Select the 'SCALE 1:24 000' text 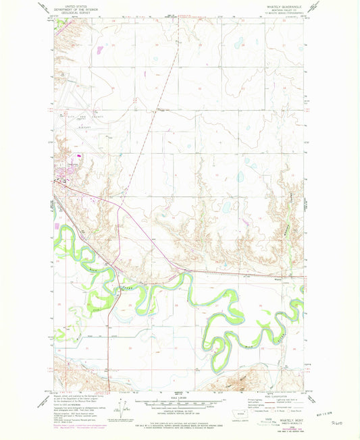[x=180, y=395]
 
